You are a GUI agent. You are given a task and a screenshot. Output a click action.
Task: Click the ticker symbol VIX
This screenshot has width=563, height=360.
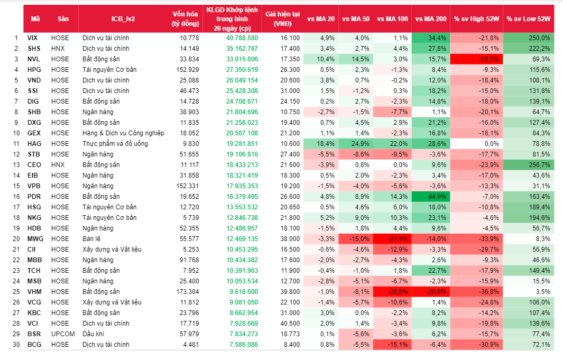32,38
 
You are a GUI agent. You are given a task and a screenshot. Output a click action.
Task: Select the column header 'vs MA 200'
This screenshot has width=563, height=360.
431,19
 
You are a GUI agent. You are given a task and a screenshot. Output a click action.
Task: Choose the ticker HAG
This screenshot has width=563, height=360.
33,144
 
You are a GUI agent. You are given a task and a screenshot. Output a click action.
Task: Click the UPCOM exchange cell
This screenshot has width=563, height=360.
63,334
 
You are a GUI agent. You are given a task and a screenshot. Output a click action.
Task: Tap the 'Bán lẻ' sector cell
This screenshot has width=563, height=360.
93,239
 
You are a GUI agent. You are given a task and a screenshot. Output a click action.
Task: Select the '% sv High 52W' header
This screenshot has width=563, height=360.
476,19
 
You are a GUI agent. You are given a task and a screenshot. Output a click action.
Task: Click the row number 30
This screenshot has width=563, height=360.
15,345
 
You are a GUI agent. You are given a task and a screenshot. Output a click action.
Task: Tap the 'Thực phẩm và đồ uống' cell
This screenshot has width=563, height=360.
115,144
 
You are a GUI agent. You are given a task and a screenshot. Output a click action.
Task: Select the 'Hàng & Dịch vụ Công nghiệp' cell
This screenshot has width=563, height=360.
123,133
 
